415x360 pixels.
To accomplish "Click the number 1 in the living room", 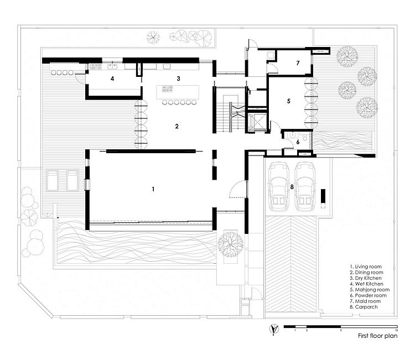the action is (x=153, y=189).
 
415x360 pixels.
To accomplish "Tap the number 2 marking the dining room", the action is (x=177, y=126).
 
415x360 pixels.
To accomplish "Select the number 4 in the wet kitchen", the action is (x=112, y=79).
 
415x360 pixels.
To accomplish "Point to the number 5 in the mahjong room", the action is (x=289, y=101).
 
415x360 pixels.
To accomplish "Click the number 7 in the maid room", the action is (x=298, y=63).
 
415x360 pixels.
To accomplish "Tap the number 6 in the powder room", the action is (x=298, y=142).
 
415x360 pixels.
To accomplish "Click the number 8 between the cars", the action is (x=292, y=187).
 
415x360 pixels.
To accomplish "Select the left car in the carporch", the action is (x=278, y=187).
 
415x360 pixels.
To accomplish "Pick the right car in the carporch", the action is (x=305, y=187).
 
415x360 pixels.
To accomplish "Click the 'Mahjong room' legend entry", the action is (x=370, y=290).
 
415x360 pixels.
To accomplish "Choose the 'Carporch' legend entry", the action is (x=364, y=307).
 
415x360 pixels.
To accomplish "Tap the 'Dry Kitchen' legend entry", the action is (x=366, y=278).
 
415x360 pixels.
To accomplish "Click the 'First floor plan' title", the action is (x=378, y=336).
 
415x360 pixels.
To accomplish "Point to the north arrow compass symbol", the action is (x=274, y=329).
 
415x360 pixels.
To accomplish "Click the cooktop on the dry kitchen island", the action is (x=167, y=89).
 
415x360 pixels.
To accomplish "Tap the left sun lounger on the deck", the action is (x=52, y=180).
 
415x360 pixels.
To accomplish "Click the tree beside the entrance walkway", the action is (x=230, y=244).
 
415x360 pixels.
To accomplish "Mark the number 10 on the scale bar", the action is (x=396, y=330).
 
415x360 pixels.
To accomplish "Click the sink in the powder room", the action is (x=292, y=135).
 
